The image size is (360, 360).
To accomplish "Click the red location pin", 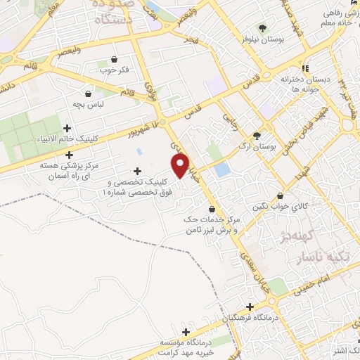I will pyautogui.click(x=181, y=166).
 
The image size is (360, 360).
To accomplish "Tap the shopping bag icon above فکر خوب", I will pyautogui.click(x=115, y=60).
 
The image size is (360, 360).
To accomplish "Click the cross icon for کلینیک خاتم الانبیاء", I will pyautogui.click(x=67, y=128).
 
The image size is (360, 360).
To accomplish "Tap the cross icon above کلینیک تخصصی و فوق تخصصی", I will pyautogui.click(x=136, y=171).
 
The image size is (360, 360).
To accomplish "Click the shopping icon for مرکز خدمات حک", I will pyautogui.click(x=212, y=210).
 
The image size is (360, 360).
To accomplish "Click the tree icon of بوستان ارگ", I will pyautogui.click(x=257, y=136).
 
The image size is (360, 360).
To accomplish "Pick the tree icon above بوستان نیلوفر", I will pyautogui.click(x=262, y=29).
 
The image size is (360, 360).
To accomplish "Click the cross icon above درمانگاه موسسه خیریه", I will pyautogui.click(x=186, y=332).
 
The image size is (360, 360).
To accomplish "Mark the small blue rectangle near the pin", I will pyautogui.click(x=222, y=170).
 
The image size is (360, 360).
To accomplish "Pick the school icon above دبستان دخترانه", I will pyautogui.click(x=305, y=68).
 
